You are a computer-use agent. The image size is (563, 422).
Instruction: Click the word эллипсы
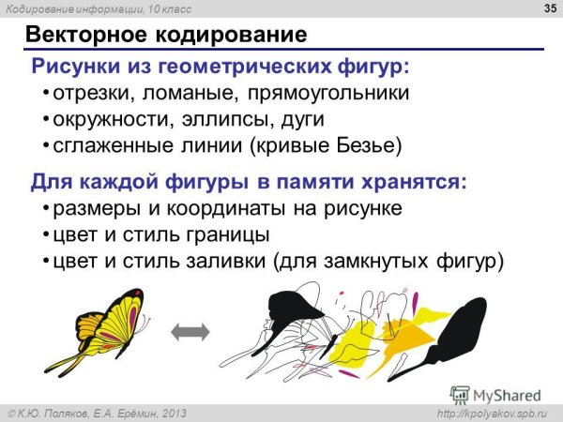pos(218,121)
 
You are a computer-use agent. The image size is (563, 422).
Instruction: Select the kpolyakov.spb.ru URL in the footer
pos(496,414)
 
